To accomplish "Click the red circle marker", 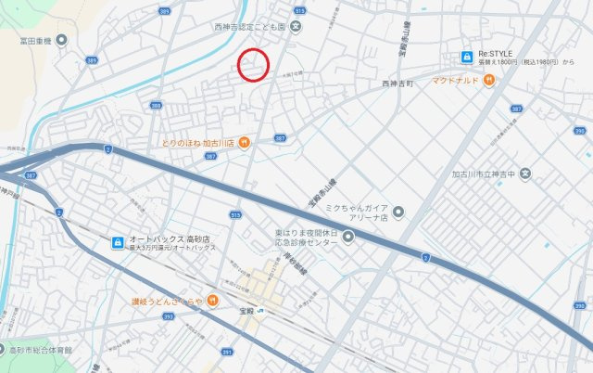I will coord(254,65).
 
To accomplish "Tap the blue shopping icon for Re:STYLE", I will coord(468,58).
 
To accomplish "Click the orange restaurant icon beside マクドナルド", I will coord(489,80).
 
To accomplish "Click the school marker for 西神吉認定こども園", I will coord(295,26).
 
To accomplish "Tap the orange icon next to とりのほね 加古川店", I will coord(243,142).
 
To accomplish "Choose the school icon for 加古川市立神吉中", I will coord(525,173).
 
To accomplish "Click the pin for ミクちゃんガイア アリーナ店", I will coord(398,212).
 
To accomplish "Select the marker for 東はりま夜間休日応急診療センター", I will coord(348,237).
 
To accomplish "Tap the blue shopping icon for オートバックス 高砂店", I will coord(118,242).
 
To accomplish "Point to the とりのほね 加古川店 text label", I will coord(197,142).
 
